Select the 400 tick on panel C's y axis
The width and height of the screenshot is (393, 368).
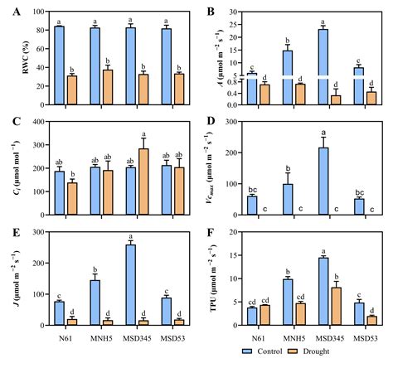pos(39,122)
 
